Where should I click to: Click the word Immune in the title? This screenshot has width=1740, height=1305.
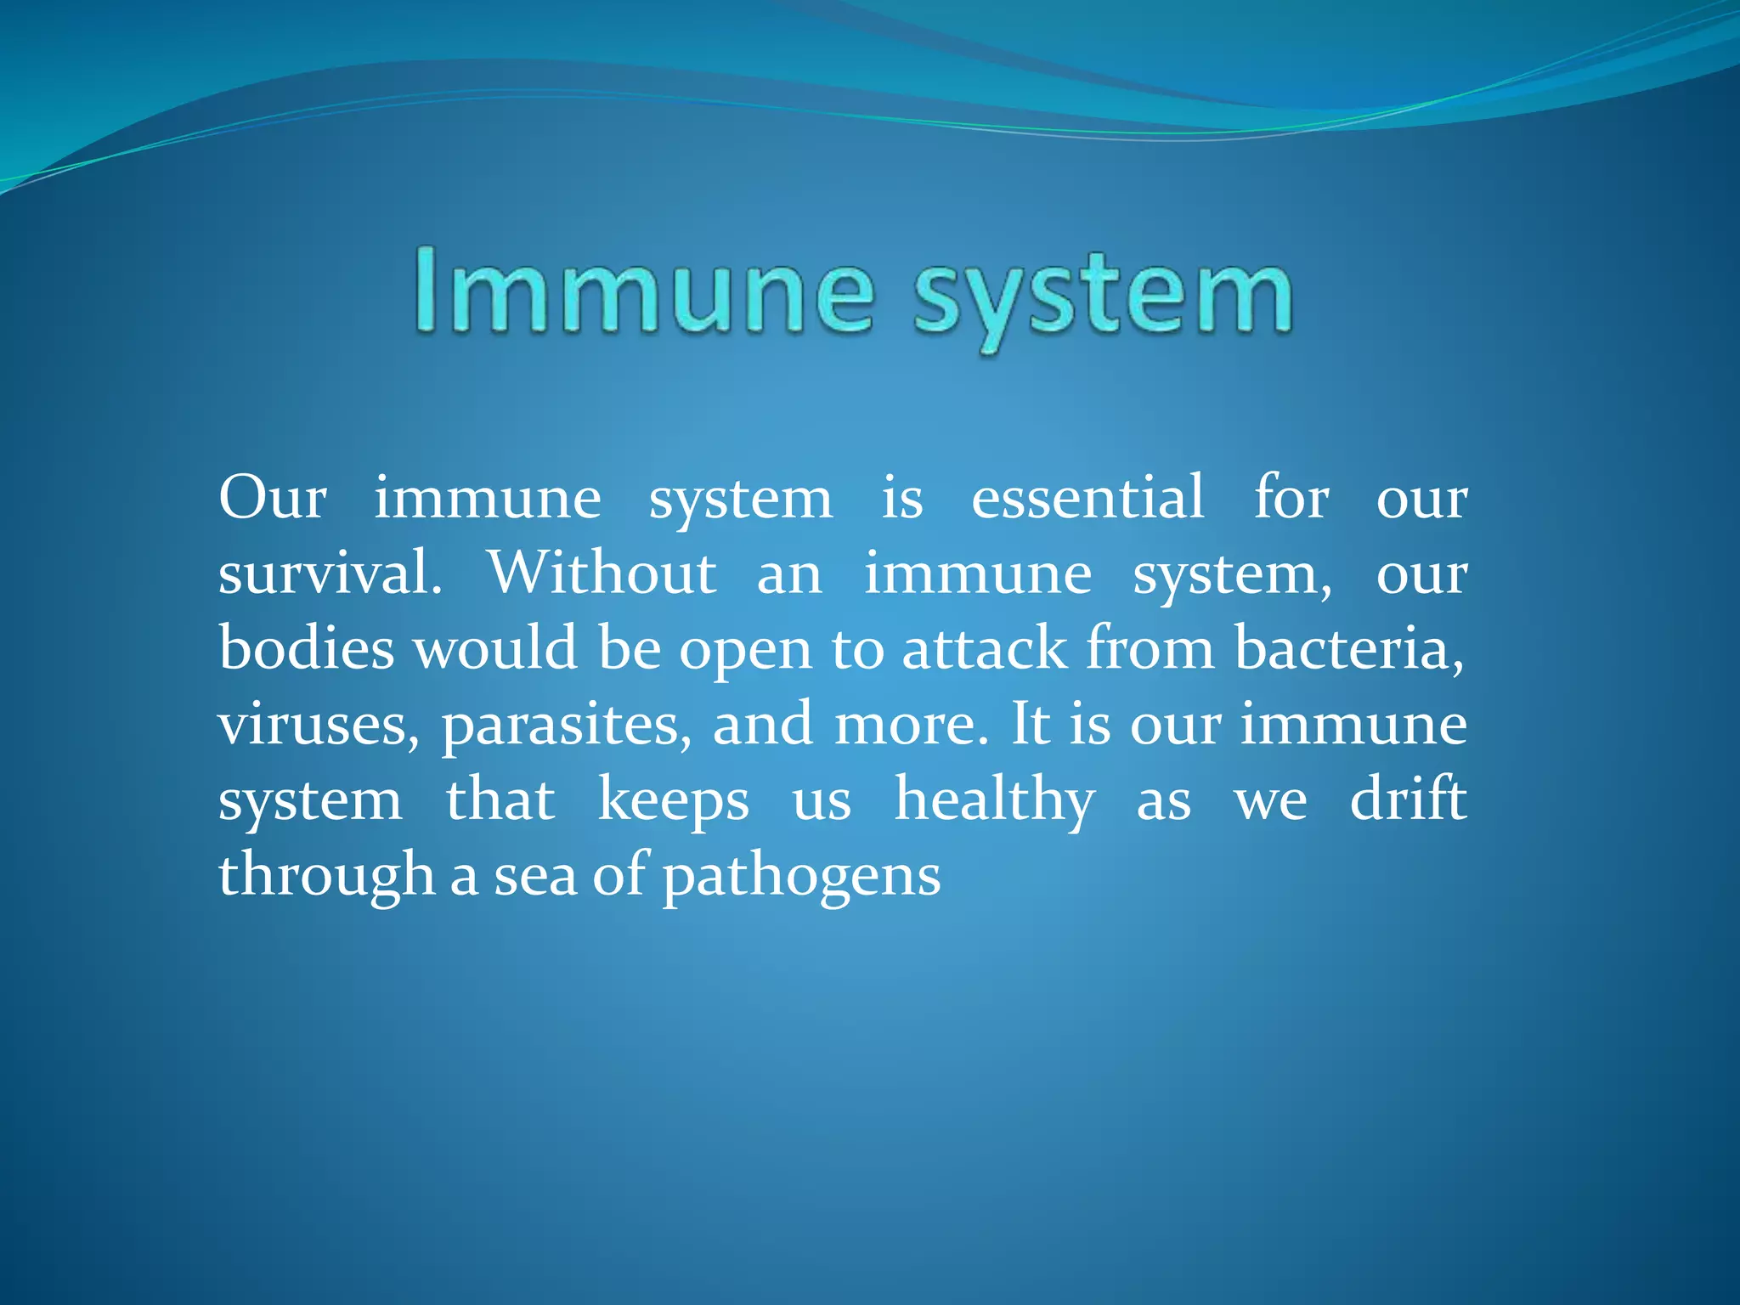point(644,291)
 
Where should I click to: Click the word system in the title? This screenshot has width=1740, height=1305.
point(1103,296)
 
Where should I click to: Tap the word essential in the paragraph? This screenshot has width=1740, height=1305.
point(1087,498)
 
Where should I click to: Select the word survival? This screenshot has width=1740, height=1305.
point(330,573)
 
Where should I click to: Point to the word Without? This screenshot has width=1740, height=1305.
point(602,573)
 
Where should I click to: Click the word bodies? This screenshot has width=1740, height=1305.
point(307,648)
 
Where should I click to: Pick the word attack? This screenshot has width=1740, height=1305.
point(984,648)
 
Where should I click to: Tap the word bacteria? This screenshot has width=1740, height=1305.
point(1349,648)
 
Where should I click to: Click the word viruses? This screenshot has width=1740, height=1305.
point(319,725)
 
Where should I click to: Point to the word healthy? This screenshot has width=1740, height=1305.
point(995,800)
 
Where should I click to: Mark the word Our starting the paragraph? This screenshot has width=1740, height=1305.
point(273,498)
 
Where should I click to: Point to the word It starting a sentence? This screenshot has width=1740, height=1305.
point(1031,725)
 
